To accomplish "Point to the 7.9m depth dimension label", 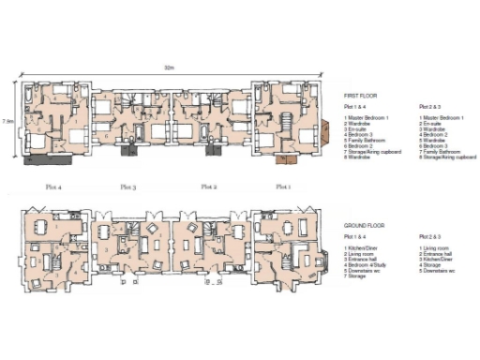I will (7, 121).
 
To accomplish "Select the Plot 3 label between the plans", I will (128, 187).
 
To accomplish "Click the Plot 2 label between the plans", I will (208, 187).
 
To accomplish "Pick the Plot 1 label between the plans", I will (282, 187).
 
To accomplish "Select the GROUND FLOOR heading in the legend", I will (364, 226).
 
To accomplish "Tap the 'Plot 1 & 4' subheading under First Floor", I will (357, 109).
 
